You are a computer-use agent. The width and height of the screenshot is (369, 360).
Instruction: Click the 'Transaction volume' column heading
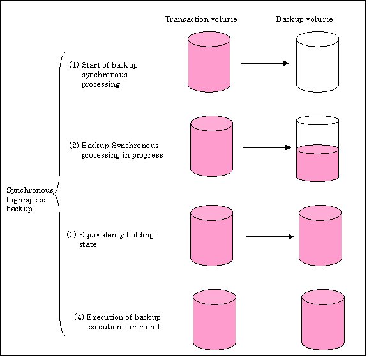(201, 19)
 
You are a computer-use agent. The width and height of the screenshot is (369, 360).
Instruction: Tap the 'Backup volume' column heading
(305, 19)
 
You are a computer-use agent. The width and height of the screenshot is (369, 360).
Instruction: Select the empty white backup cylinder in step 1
(317, 62)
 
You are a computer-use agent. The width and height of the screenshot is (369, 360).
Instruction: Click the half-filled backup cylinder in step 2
(317, 149)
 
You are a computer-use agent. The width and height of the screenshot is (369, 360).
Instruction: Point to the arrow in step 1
(264, 63)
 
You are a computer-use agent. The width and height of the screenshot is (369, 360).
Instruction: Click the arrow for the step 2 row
(267, 147)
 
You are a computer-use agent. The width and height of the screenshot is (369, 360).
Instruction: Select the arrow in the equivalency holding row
(269, 236)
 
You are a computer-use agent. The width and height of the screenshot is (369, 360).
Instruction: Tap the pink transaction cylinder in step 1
(209, 62)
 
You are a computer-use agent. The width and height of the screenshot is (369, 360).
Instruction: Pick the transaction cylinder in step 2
(211, 146)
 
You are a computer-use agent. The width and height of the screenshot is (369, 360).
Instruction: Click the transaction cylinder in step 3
(211, 236)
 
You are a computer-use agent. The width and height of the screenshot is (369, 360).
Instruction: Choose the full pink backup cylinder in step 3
(320, 236)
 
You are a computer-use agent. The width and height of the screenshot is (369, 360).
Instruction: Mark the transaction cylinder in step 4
(215, 320)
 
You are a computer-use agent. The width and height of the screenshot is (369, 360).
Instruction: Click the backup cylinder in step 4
(323, 320)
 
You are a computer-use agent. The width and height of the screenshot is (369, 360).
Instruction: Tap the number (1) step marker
(74, 64)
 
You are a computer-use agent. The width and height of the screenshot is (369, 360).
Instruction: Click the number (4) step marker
(79, 317)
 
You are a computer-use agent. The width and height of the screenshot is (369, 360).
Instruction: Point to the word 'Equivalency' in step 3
(102, 235)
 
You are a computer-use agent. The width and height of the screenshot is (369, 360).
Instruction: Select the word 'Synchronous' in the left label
(30, 191)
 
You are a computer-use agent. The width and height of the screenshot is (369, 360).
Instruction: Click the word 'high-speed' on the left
(26, 200)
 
